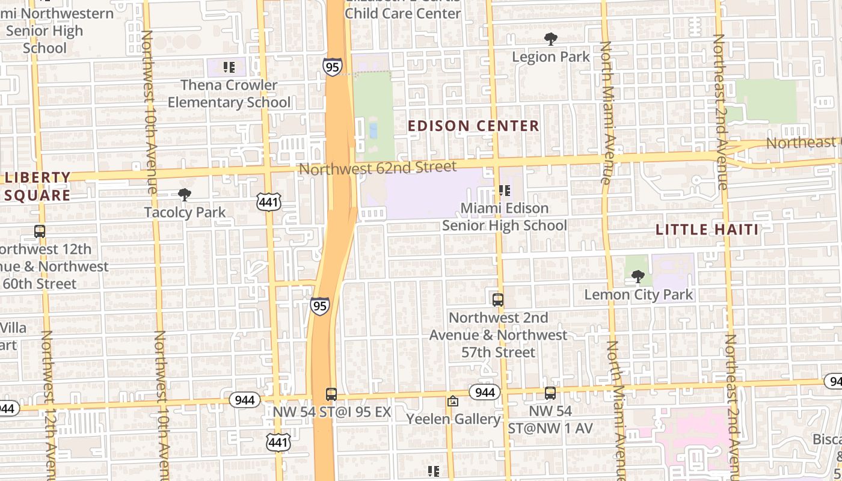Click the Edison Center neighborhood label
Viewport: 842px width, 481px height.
tap(473, 126)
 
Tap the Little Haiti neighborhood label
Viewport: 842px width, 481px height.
tap(707, 229)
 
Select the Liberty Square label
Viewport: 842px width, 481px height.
tap(37, 186)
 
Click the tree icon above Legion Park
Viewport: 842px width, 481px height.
tap(550, 40)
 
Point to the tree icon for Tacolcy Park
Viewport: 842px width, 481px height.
tap(185, 195)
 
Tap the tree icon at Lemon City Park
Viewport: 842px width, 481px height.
tap(638, 277)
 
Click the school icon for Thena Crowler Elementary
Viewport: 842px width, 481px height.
tap(229, 67)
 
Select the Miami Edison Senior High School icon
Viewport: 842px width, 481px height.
tap(505, 191)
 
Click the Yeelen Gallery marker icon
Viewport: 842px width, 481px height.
tap(453, 401)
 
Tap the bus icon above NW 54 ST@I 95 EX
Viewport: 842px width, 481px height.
tap(331, 394)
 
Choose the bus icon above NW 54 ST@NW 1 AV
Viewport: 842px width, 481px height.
tap(550, 393)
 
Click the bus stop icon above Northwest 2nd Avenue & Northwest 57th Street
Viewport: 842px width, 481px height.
tap(498, 299)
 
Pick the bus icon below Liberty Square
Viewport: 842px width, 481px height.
tap(40, 231)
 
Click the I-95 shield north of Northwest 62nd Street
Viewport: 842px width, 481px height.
tap(332, 66)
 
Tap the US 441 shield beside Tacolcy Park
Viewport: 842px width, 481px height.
tap(268, 202)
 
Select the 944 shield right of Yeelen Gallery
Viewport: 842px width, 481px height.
tap(484, 393)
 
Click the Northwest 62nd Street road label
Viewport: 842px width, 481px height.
tap(378, 167)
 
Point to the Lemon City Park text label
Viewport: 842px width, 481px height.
tap(639, 295)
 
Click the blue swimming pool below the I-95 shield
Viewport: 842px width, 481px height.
tap(373, 130)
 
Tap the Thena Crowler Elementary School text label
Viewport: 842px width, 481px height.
tap(229, 94)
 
